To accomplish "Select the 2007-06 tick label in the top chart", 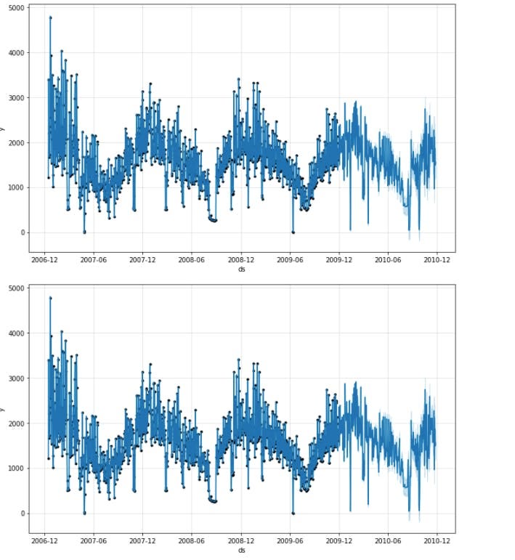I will pyautogui.click(x=94, y=259).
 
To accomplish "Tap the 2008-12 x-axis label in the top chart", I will pyautogui.click(x=241, y=259).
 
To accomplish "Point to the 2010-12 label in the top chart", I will pyautogui.click(x=437, y=259).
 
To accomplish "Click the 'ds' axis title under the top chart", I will pyautogui.click(x=241, y=269).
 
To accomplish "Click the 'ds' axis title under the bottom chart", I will pyautogui.click(x=241, y=550).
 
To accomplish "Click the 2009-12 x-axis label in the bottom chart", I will pyautogui.click(x=338, y=540).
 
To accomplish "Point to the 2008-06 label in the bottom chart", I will pyautogui.click(x=192, y=540).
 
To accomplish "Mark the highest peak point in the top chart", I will pyautogui.click(x=50, y=17).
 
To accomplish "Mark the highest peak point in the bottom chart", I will pyautogui.click(x=50, y=298).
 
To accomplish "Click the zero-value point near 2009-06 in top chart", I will pyautogui.click(x=293, y=232).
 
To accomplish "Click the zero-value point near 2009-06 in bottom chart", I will pyautogui.click(x=293, y=513).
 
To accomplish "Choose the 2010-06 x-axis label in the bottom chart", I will pyautogui.click(x=388, y=540).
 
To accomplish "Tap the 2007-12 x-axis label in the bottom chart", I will pyautogui.click(x=142, y=540).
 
